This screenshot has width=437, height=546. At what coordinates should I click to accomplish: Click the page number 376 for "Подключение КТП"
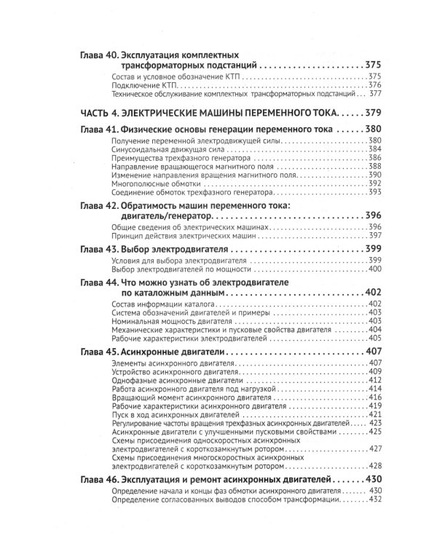tap(375, 84)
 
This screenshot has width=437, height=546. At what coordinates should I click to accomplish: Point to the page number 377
tap(375, 93)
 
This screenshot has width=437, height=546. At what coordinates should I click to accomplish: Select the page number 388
tap(375, 166)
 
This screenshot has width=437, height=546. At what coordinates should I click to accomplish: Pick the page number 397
tap(375, 236)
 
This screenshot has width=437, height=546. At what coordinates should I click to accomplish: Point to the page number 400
tap(375, 269)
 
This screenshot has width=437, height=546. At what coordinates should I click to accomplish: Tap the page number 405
tap(375, 338)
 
